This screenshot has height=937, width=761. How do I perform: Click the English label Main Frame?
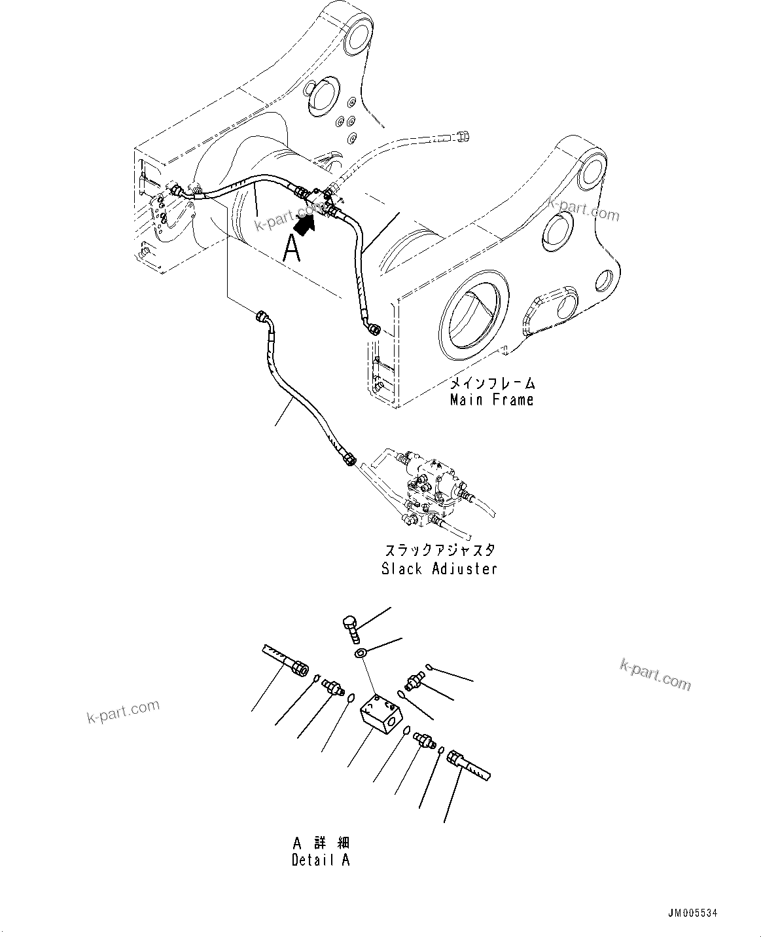pos(491,399)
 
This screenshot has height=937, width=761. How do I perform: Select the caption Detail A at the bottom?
pos(321,860)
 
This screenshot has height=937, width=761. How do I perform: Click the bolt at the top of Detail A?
pos(351,626)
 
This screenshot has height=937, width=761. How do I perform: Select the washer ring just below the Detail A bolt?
pos(361,653)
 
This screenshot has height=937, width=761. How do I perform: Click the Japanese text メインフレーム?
pos(491,383)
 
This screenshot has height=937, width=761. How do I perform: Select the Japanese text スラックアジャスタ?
pos(439,551)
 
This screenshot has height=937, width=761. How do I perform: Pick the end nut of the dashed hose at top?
pos(464,136)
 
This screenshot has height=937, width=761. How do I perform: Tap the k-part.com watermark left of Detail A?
pos(123,711)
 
